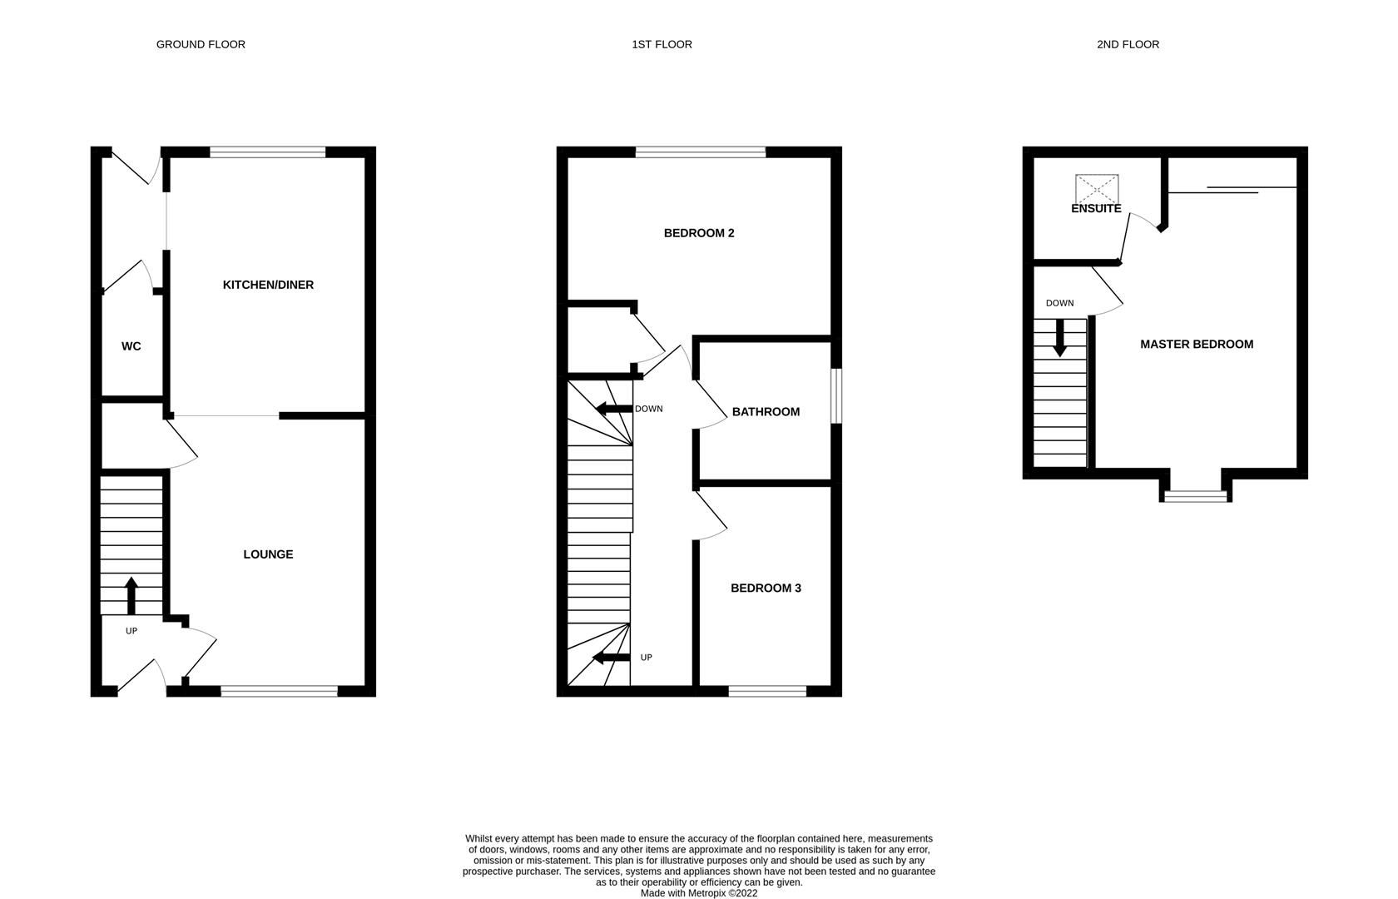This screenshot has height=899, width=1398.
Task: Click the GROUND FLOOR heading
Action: (201, 44)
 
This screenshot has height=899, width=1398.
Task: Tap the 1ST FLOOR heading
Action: (662, 44)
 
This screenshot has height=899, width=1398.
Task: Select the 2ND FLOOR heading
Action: (1128, 44)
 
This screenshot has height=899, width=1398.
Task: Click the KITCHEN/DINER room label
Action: (268, 285)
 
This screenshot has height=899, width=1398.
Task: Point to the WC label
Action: (131, 346)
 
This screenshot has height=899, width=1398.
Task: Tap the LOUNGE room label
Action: (268, 554)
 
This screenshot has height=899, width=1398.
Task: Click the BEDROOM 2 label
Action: (699, 233)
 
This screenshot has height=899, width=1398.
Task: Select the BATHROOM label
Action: (766, 412)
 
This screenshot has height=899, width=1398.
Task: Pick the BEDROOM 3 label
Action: (766, 589)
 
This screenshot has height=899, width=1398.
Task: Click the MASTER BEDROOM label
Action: (1197, 345)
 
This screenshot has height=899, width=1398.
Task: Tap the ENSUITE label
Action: (1096, 209)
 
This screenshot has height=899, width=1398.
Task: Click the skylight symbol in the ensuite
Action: (1097, 188)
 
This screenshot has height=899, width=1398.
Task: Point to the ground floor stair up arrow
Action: (131, 594)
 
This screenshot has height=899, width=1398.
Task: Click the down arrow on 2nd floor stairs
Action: (1059, 338)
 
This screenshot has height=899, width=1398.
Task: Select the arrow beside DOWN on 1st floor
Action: (612, 409)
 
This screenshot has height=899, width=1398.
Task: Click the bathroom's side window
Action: (837, 396)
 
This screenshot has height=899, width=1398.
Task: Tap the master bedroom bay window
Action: (1196, 497)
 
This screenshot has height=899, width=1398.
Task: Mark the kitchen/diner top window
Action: (268, 152)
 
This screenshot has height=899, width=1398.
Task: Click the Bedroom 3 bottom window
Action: (767, 691)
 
